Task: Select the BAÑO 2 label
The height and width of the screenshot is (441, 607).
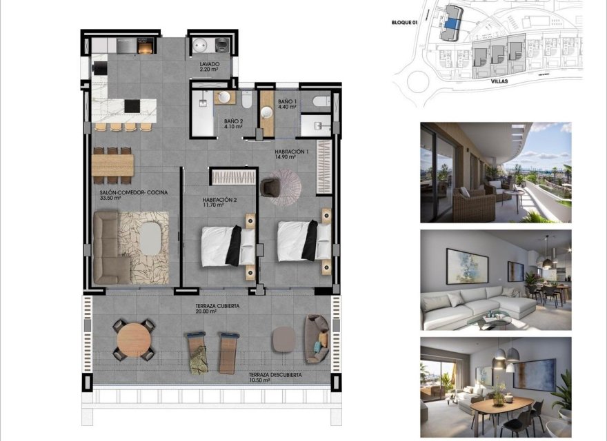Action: (233, 123)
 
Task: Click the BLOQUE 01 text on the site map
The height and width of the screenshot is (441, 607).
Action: (404, 22)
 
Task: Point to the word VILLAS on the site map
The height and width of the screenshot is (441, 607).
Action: (499, 81)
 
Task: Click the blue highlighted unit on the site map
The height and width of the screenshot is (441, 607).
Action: (451, 23)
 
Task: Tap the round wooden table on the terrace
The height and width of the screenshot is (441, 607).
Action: (132, 339)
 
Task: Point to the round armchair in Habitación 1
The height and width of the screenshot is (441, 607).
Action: (270, 185)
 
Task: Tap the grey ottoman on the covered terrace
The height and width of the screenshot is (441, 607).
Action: (283, 338)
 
